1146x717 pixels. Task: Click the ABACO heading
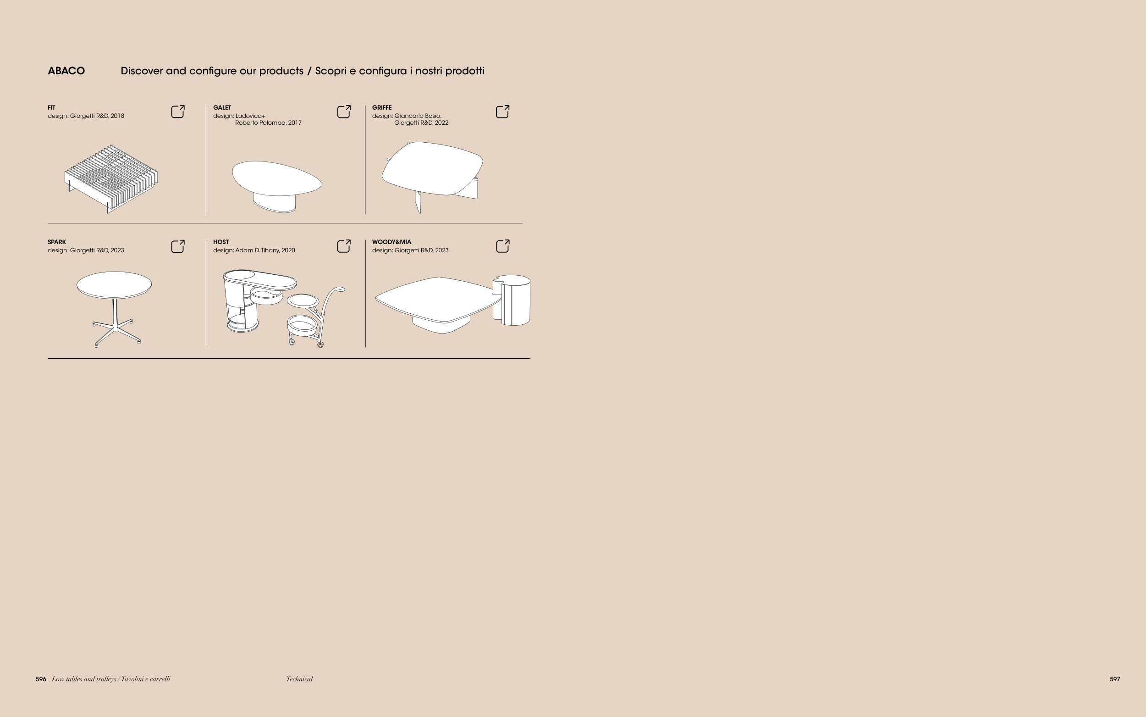[66, 71]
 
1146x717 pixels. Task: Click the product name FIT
[51, 108]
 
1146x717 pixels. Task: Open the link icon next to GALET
[344, 111]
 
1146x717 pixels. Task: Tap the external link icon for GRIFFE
[503, 111]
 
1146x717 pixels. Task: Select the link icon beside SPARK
[178, 246]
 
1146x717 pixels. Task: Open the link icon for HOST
[344, 246]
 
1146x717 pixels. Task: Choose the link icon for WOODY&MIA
[503, 246]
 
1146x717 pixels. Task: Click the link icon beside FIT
[178, 111]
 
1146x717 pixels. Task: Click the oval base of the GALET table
[274, 203]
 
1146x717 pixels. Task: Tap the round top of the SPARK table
[114, 285]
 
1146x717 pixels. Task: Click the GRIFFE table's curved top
[433, 168]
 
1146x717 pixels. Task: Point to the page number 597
[1115, 679]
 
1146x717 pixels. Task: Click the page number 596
[41, 679]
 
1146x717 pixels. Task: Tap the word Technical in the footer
[299, 679]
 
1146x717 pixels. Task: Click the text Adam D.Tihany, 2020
[265, 250]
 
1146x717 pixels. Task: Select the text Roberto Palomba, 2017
[268, 123]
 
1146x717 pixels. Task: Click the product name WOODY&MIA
[392, 242]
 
